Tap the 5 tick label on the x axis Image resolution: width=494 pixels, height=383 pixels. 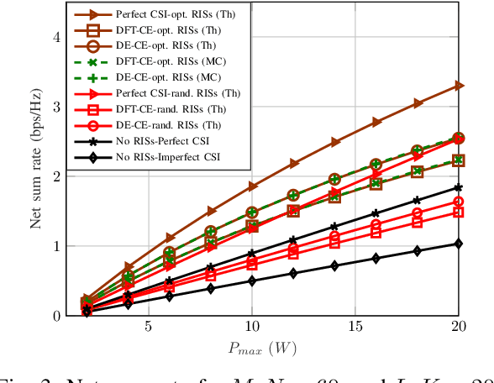coord(148,326)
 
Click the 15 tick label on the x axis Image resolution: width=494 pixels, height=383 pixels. coord(355,326)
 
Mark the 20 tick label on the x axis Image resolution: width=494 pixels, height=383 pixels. coord(458,326)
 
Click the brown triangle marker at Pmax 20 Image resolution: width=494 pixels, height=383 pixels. coord(458,86)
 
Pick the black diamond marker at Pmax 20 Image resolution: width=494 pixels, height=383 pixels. coord(458,244)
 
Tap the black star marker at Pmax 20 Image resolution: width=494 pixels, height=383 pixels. coord(458,187)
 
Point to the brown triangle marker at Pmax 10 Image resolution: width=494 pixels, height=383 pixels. coord(251,186)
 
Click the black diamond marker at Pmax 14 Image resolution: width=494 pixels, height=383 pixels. coord(334,265)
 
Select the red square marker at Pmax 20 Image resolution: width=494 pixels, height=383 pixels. coord(458,212)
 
